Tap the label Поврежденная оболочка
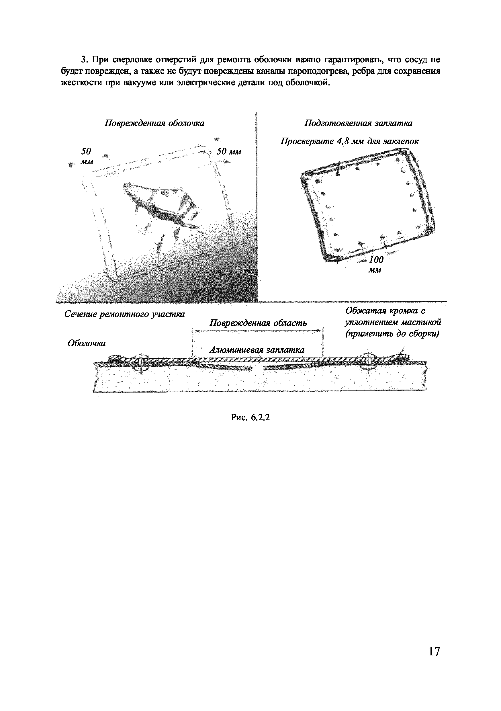pos(154,123)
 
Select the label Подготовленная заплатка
pos(358,123)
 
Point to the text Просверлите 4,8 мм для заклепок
pos(350,142)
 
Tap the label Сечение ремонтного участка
pos(124,314)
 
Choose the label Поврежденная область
pos(258,323)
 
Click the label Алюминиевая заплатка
pos(257,350)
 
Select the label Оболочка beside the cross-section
pos(86,343)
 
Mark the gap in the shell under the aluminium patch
pos(257,368)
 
